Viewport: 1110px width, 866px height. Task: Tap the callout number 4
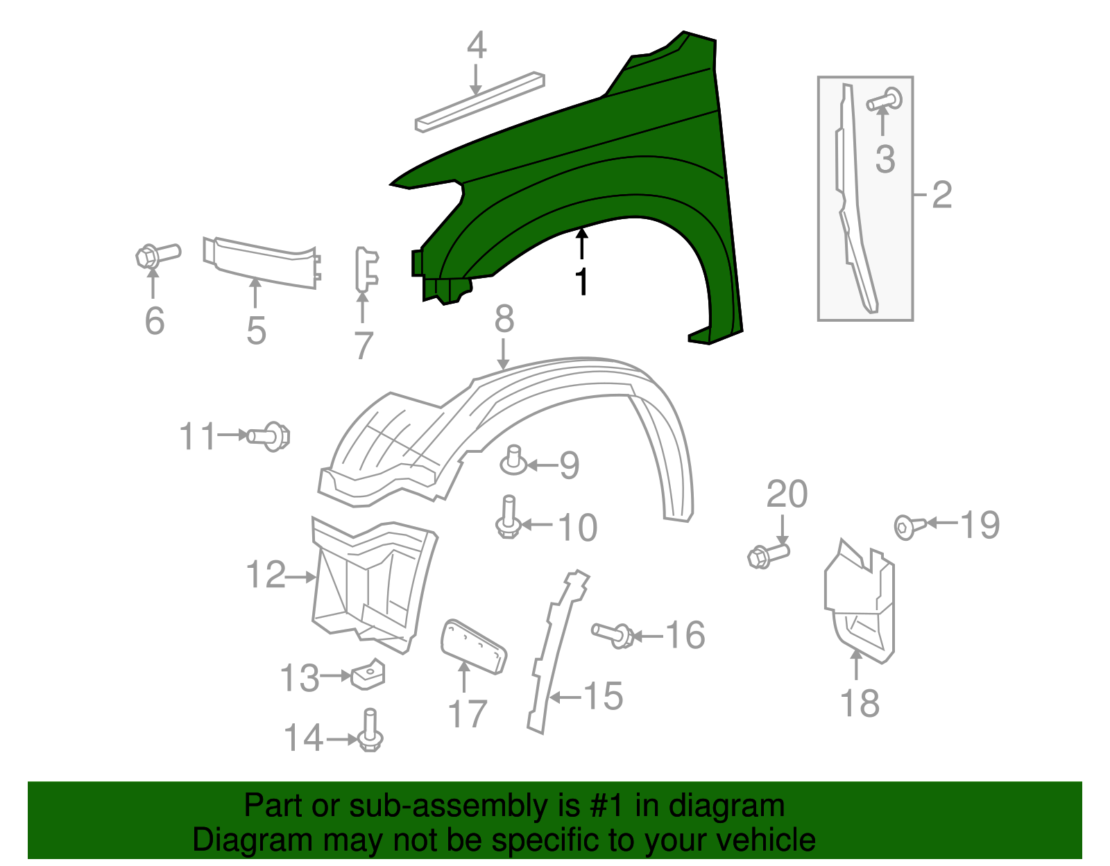coord(476,46)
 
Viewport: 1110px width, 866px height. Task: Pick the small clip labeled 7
coord(366,270)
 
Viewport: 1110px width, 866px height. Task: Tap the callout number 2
coord(941,195)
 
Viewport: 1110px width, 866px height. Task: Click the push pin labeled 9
coord(513,460)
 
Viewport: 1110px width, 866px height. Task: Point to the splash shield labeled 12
coord(371,582)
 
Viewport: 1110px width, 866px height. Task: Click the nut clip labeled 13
coord(368,673)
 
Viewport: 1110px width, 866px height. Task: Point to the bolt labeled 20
coord(768,555)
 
